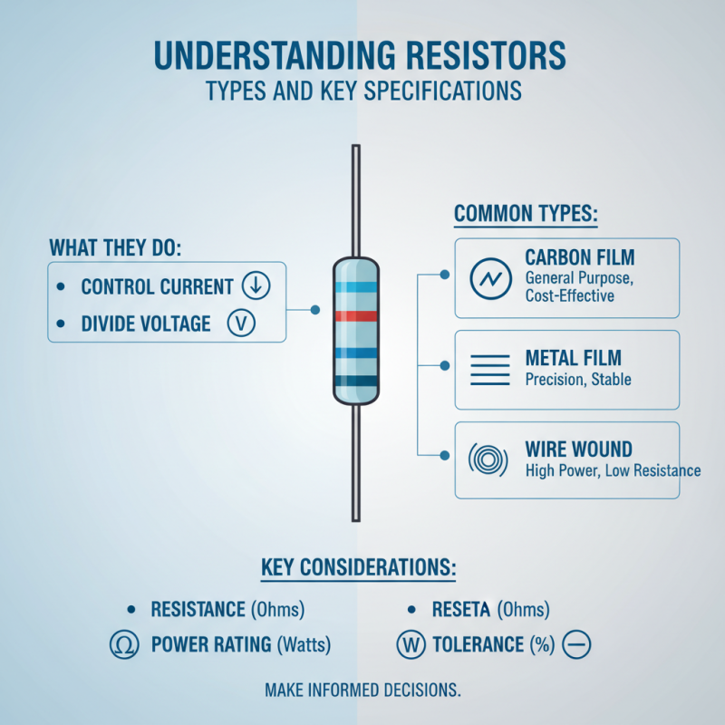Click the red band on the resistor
[356, 316]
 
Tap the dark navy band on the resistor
[356, 381]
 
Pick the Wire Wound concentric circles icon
[489, 460]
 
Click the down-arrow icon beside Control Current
[256, 286]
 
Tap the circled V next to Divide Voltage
[242, 324]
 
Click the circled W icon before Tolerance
[411, 645]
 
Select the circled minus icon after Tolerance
[576, 645]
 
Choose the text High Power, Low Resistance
[613, 470]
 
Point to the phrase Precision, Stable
[578, 380]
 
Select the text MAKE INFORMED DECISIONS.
[362, 691]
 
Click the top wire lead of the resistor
[356, 199]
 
